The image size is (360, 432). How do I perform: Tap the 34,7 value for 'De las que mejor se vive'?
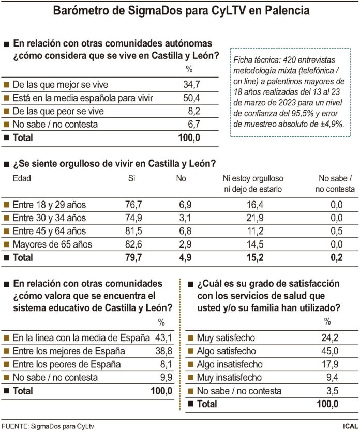[189, 84]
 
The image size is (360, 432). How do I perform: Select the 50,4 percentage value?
[189, 97]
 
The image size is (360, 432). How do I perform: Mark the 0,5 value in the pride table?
[337, 231]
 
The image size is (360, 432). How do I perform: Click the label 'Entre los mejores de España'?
[69, 351]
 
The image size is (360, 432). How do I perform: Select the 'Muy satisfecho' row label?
[226, 338]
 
